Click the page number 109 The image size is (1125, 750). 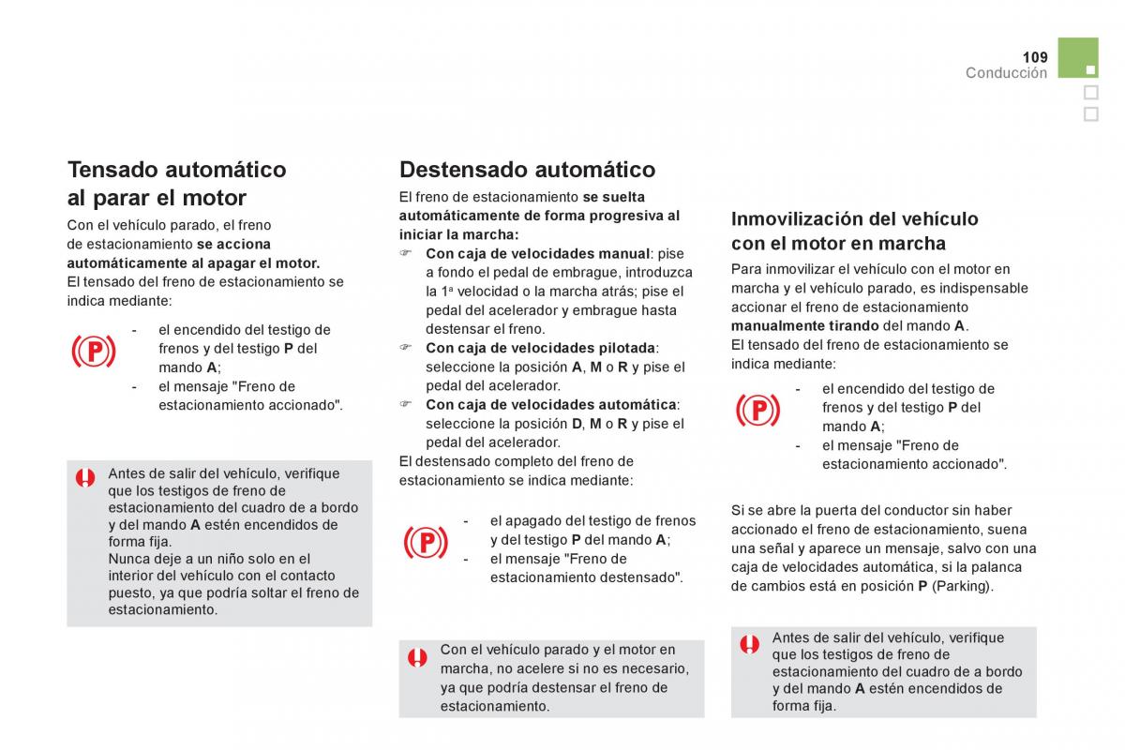click(1035, 57)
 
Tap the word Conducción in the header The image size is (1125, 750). click(1007, 73)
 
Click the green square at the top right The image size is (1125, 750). click(1078, 57)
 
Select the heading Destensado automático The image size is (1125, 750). click(527, 170)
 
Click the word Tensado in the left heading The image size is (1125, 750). click(113, 170)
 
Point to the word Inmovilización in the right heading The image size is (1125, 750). click(796, 219)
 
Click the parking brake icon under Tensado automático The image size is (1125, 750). click(94, 352)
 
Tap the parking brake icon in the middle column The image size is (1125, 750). click(426, 543)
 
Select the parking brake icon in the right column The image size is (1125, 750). click(757, 411)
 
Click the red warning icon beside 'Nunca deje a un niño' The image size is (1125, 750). click(85, 478)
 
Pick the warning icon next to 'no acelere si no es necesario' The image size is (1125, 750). click(417, 657)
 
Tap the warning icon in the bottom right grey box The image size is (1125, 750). click(749, 644)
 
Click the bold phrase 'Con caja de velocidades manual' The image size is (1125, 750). click(538, 254)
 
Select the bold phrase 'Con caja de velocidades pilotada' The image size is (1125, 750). click(540, 348)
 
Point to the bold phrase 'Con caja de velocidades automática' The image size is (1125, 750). click(551, 405)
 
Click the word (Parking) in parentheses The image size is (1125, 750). click(962, 586)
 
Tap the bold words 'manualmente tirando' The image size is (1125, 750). click(804, 326)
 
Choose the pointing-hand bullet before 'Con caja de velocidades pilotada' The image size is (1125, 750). click(405, 347)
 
